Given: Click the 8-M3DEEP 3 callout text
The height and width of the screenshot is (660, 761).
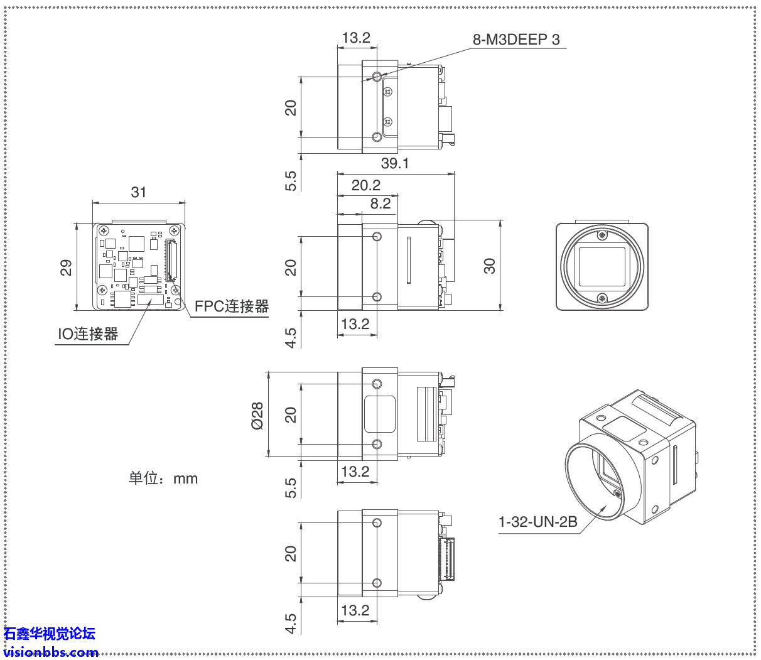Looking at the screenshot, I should [515, 40].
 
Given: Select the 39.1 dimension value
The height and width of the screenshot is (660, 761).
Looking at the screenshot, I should [394, 163].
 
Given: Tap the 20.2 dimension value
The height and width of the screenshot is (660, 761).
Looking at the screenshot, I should [365, 185].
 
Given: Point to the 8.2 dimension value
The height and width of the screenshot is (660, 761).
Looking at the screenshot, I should [380, 203].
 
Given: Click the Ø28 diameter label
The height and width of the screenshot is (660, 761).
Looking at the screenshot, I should [257, 416].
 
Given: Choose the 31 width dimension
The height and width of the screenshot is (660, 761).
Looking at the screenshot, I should [138, 192].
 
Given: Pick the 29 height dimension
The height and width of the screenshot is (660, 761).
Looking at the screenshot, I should [66, 268].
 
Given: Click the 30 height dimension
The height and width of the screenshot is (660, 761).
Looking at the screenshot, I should [490, 266].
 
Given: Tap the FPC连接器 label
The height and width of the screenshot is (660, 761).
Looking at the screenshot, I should [231, 306].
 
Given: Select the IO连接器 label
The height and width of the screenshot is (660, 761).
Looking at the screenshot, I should [88, 334].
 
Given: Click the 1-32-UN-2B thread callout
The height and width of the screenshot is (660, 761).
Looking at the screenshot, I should [537, 522].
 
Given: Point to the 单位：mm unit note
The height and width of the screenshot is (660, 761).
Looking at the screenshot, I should [163, 479].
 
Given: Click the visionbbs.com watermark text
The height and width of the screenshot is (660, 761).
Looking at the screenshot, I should [51, 652].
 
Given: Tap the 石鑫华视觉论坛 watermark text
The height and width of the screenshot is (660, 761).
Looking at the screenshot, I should [50, 634].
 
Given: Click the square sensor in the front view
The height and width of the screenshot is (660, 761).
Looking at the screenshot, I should [602, 266].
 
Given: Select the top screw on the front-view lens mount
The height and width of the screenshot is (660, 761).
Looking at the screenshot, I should [602, 235].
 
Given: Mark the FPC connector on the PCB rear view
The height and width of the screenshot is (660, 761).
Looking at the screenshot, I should [170, 259].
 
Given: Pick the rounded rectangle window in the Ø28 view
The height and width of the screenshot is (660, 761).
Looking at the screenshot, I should [380, 414].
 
